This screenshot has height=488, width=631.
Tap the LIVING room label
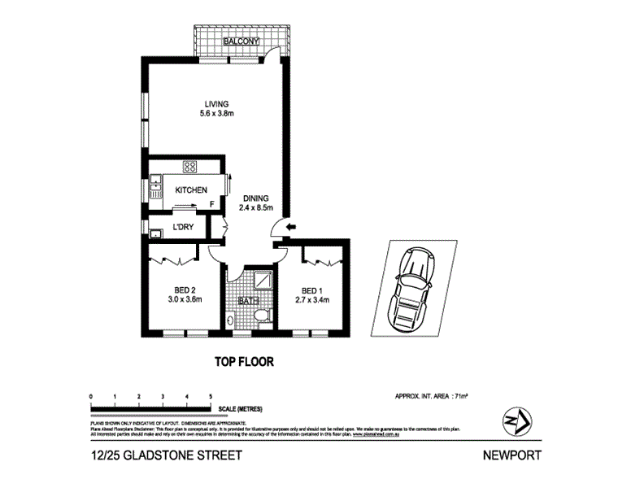click(x=216, y=103)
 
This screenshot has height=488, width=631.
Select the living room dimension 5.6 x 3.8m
click(x=216, y=113)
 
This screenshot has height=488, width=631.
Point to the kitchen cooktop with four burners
click(x=191, y=168)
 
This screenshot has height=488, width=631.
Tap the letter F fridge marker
click(x=212, y=204)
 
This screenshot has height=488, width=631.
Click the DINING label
click(x=255, y=198)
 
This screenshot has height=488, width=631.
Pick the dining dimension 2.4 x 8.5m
click(x=255, y=207)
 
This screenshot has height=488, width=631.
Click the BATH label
click(x=247, y=301)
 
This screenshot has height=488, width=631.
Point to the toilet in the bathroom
click(x=233, y=320)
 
